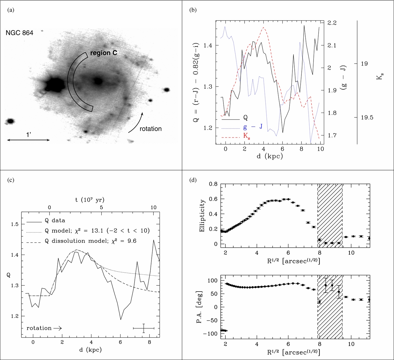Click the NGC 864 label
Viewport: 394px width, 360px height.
click(19, 33)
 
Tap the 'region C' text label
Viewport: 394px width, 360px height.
click(104, 53)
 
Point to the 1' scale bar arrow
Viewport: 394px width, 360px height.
click(28, 140)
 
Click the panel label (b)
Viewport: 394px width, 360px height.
click(193, 10)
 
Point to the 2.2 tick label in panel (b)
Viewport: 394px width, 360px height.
click(332, 23)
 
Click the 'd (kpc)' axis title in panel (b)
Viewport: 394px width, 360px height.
click(270, 156)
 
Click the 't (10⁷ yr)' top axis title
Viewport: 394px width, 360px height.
click(90, 200)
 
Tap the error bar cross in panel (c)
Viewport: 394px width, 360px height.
click(144, 328)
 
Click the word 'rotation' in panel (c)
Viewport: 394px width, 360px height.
click(39, 328)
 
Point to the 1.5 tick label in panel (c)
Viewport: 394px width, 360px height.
click(15, 224)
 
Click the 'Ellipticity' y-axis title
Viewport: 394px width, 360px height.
click(202, 215)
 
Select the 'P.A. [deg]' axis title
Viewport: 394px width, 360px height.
click(200, 307)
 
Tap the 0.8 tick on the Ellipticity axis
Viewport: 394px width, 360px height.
click(213, 184)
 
